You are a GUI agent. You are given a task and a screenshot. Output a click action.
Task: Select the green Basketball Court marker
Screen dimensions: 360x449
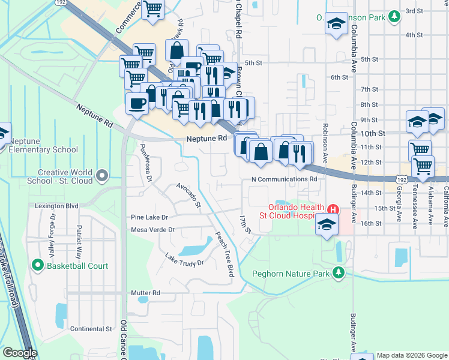[37, 265]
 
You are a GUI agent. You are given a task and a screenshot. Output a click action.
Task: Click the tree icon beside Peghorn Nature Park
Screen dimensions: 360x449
[339, 274]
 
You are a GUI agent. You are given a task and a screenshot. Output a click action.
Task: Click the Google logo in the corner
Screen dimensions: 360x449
[19, 353]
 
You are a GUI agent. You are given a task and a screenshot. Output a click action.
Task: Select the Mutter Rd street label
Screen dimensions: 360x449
[145, 293]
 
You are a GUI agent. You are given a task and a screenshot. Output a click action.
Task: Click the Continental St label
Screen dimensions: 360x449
[91, 329]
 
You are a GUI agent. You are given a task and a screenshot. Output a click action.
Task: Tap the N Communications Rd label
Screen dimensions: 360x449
[283, 179]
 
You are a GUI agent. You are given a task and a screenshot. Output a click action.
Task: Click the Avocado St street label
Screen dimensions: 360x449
[188, 196]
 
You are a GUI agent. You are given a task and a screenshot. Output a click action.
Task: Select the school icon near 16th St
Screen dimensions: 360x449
[326, 225]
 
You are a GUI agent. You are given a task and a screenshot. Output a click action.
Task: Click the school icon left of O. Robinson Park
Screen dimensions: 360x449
[337, 24]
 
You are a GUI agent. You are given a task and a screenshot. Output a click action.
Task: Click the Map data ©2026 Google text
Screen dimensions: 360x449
[412, 355]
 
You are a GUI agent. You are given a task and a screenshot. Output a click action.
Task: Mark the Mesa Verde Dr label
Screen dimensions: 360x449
[152, 230]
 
